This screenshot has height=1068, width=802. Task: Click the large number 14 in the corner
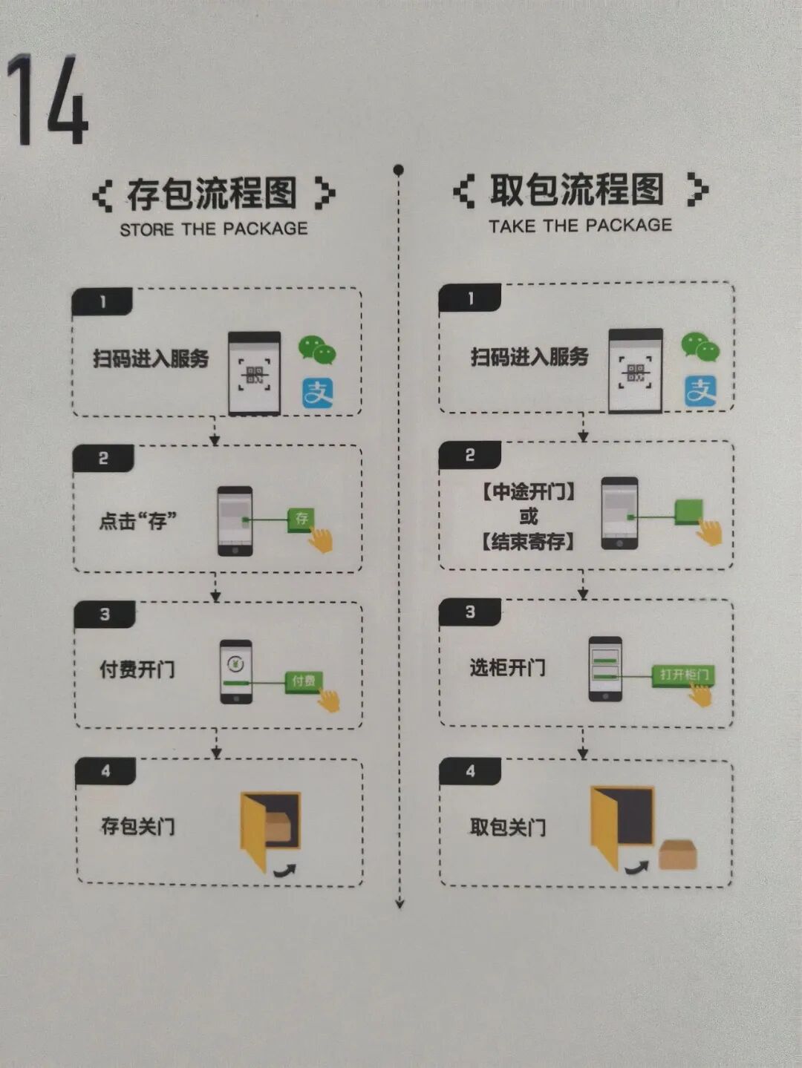click(x=48, y=100)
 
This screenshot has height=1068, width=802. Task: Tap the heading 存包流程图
click(x=212, y=194)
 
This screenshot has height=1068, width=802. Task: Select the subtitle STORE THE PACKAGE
click(x=214, y=229)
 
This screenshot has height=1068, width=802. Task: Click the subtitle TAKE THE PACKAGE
click(x=580, y=226)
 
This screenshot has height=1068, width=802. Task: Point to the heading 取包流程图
click(x=577, y=190)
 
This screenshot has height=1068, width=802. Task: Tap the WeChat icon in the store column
click(x=317, y=350)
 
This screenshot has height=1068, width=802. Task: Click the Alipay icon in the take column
click(x=700, y=391)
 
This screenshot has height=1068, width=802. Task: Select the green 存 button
click(x=301, y=518)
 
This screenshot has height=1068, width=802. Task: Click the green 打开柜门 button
click(x=683, y=675)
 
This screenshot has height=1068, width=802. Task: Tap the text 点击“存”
click(x=138, y=521)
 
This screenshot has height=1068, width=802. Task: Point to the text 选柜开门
click(x=507, y=667)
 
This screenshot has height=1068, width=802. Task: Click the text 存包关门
click(x=138, y=826)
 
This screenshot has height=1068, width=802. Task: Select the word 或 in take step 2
click(x=528, y=516)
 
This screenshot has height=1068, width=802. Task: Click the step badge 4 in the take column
click(x=470, y=771)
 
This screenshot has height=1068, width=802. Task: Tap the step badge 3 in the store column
click(x=105, y=615)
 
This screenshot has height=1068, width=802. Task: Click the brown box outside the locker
click(x=677, y=854)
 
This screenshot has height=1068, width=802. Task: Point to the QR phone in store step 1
click(x=255, y=373)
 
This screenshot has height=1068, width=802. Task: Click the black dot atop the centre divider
click(x=399, y=170)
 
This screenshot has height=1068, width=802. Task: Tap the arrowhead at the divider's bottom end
click(x=400, y=903)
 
